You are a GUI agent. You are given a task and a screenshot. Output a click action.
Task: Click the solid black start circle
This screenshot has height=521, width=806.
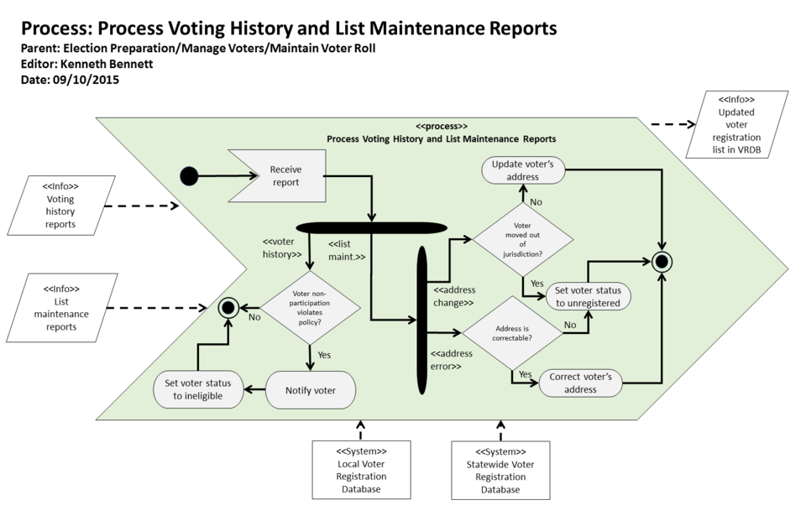(x=190, y=176)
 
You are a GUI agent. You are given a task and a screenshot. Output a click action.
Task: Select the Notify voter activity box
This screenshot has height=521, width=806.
(x=310, y=390)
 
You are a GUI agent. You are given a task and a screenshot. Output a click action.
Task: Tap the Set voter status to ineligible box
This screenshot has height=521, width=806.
(x=199, y=389)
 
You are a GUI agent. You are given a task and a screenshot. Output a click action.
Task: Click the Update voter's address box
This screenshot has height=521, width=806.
(x=522, y=170)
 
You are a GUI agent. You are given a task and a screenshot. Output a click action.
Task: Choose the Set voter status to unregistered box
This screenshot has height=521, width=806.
(x=588, y=297)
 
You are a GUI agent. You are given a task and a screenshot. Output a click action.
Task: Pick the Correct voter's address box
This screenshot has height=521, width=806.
(x=585, y=383)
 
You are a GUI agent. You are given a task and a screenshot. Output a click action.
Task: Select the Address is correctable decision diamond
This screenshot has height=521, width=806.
(x=512, y=333)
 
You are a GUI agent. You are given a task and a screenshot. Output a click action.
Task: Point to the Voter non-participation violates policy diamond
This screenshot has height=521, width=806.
(x=311, y=307)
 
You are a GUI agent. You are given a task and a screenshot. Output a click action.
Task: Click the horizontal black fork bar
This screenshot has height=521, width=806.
(x=370, y=227)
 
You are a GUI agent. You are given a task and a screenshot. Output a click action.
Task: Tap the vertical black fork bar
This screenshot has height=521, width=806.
(x=422, y=320)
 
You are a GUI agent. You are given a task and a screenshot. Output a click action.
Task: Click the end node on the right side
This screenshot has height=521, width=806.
(x=662, y=262)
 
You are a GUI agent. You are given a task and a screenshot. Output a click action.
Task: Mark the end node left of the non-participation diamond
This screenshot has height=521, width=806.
(x=227, y=308)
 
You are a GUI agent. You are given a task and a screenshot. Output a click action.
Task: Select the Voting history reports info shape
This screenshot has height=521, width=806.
(x=60, y=206)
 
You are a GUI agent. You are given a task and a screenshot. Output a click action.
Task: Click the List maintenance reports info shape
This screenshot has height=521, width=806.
(x=60, y=308)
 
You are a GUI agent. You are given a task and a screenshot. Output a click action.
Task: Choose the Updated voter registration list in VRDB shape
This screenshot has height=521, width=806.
(x=736, y=124)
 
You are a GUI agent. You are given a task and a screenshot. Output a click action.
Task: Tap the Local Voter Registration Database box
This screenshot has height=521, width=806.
(x=361, y=470)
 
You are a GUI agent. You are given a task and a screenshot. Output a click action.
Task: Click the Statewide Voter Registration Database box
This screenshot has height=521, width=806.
(x=500, y=470)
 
